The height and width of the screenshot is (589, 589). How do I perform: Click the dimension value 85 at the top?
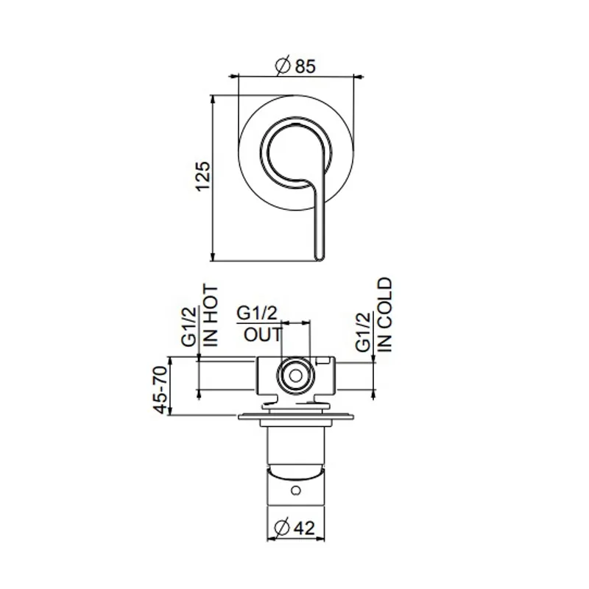(305, 66)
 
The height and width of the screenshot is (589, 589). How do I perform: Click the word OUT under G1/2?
(263, 334)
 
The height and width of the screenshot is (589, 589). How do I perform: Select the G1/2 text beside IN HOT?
(189, 325)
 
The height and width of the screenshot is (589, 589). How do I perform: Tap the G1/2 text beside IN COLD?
(362, 331)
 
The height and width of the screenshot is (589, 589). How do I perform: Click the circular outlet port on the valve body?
(295, 375)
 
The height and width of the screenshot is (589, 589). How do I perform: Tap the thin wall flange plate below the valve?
(295, 419)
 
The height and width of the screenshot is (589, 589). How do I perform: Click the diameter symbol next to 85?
(283, 66)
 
